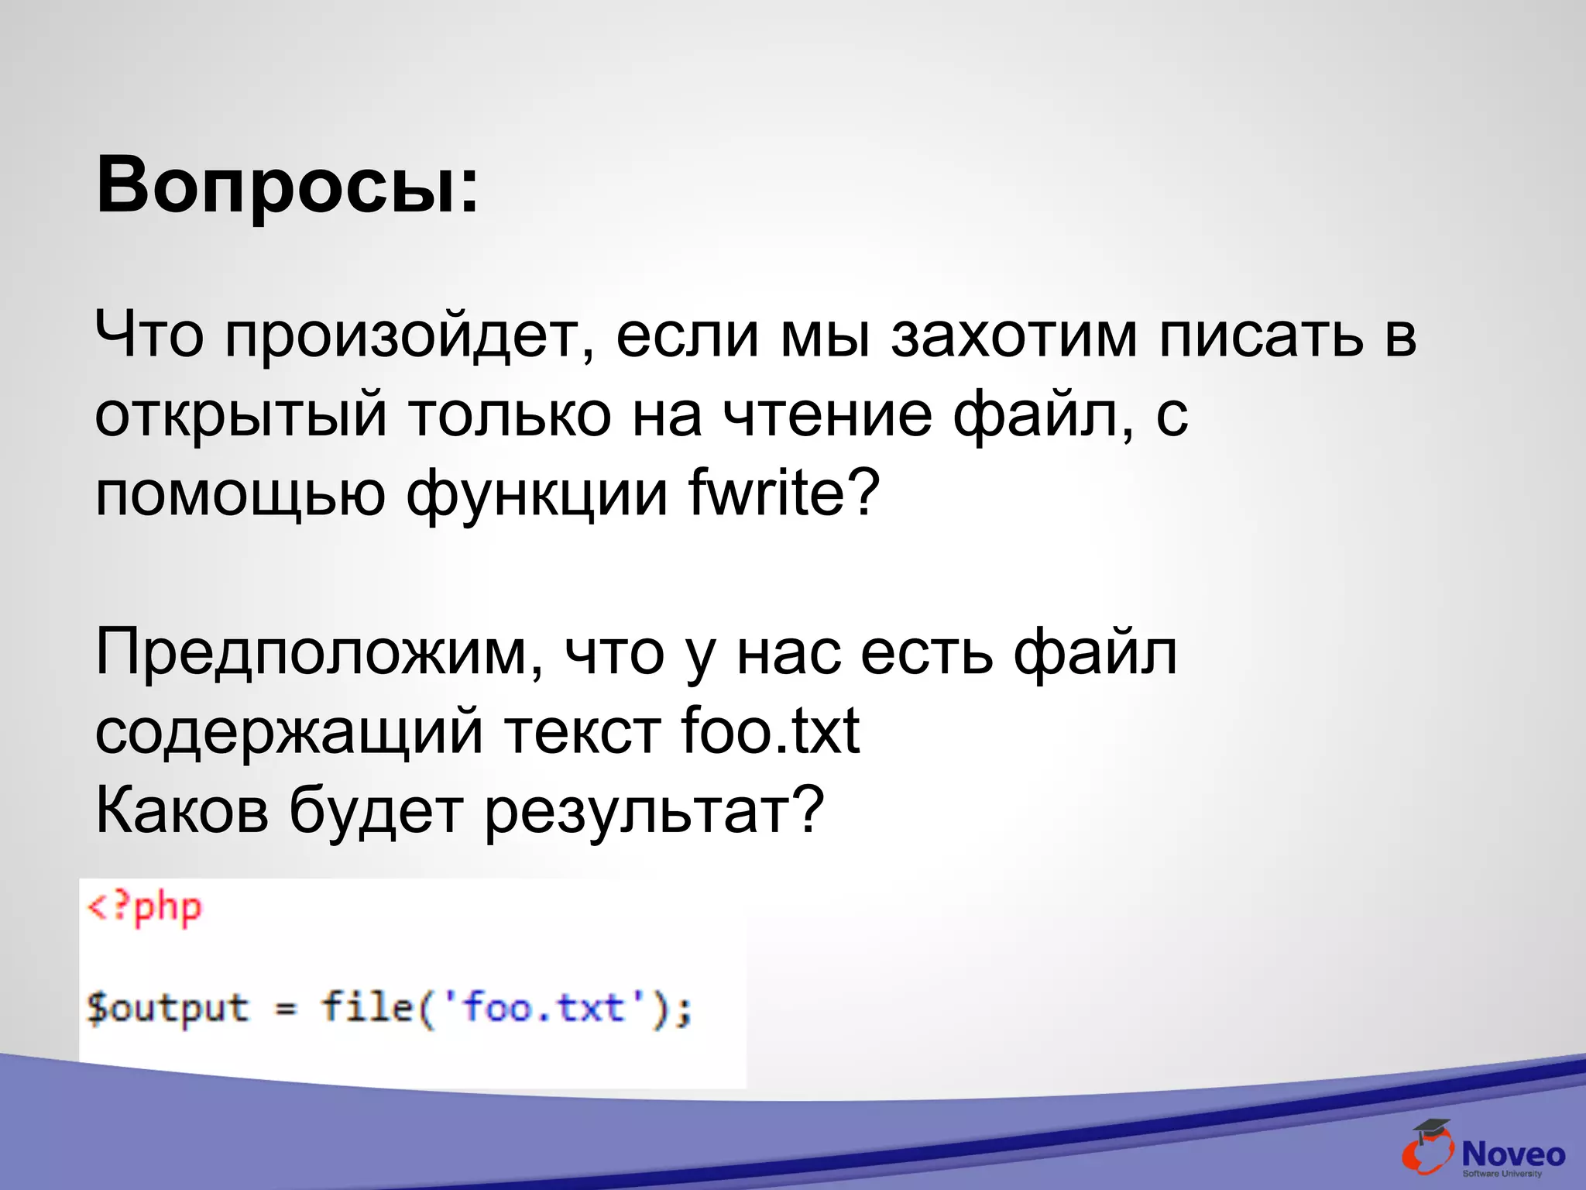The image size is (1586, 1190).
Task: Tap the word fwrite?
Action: point(784,494)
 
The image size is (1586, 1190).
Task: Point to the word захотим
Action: point(1014,335)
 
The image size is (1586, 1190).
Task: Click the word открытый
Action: point(240,416)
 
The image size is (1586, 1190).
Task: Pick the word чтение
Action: point(827,414)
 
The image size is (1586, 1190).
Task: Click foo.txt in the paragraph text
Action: point(770,731)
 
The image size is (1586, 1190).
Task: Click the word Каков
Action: point(182,810)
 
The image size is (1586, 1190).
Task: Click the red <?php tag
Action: point(145,908)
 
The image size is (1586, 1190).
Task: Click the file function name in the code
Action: point(366,1007)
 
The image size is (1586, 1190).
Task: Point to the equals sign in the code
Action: point(286,1009)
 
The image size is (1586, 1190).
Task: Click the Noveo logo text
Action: point(1513,1154)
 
